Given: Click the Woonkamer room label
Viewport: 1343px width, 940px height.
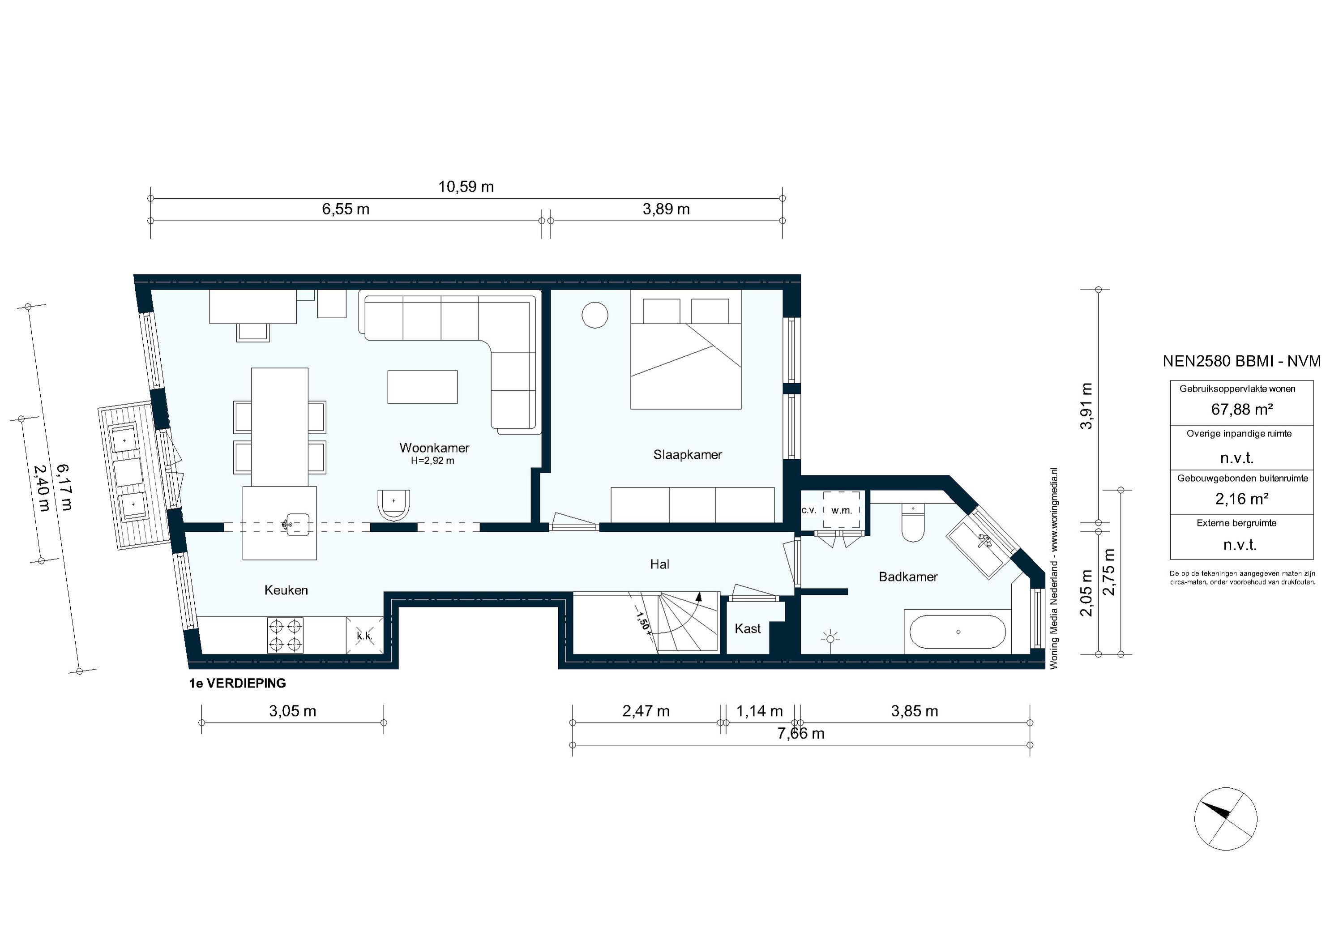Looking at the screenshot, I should coord(434,448).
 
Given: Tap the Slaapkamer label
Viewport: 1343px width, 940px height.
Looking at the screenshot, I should coord(687,454).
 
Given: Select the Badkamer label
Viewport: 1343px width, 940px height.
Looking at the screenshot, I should coord(908,577).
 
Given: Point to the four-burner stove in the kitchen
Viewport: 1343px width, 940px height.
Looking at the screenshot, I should coord(286,635).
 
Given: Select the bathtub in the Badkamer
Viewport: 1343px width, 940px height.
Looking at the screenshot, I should coord(958,632).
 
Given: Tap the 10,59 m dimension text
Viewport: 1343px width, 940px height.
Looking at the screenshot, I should coord(466,187).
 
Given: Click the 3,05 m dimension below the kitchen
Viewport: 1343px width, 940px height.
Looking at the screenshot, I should coord(292,711).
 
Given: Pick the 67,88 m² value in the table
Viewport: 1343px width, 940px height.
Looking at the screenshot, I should coord(1242,410).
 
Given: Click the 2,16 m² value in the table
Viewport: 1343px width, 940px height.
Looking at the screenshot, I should coord(1242,499).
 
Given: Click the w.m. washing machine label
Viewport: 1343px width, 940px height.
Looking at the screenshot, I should coord(842,511).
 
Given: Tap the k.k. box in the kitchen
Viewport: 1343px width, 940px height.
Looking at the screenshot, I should coord(364,636).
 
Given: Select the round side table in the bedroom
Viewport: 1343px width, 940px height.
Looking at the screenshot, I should coord(595,315).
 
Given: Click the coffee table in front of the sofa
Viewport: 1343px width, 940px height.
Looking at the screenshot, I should coord(422,387).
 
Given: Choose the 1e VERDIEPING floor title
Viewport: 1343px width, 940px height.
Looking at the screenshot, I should coord(237,683).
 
